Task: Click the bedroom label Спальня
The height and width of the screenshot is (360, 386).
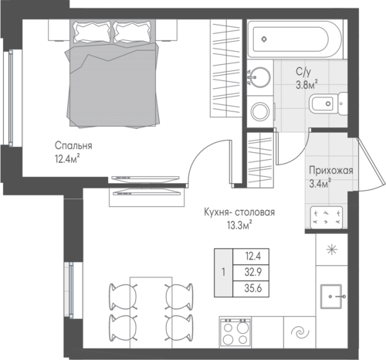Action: point(73,146)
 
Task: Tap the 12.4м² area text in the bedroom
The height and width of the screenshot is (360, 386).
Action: point(67,158)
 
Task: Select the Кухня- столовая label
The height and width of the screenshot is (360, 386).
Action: point(239,212)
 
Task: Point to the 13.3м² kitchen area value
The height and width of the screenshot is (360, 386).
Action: point(239,225)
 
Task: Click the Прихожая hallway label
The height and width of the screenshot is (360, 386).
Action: point(331,171)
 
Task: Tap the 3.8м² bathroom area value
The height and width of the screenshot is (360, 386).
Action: point(306,84)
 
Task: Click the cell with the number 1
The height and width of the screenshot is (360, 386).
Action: point(223,273)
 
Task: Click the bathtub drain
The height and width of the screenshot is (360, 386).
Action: point(264,39)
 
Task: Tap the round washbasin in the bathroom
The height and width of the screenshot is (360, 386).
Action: point(260,77)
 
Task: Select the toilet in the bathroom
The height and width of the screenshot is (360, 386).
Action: point(328,104)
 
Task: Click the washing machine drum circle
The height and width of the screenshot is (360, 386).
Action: point(260,111)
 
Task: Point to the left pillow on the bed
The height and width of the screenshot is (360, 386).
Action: point(92,32)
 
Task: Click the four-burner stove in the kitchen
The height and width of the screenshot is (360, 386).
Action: point(235,332)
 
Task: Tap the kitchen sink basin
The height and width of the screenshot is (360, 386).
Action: point(331,297)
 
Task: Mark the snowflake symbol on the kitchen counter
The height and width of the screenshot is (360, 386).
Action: point(332,250)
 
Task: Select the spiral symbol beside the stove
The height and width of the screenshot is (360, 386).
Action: point(300,332)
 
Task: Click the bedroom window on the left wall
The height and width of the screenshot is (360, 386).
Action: point(11,98)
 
